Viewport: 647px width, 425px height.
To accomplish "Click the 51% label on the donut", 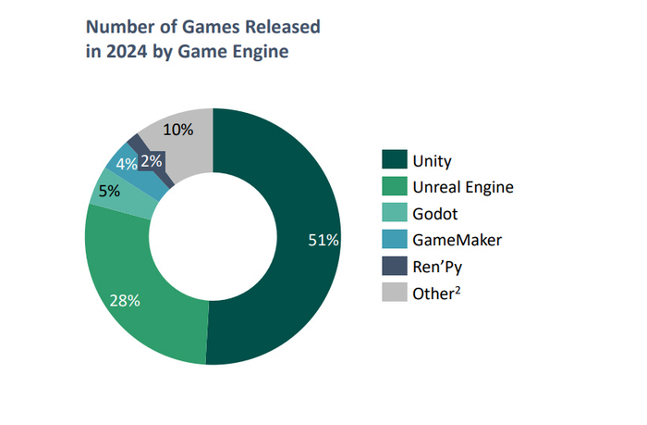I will pyautogui.click(x=323, y=240).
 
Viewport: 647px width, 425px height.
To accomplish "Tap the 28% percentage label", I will pyautogui.click(x=125, y=300).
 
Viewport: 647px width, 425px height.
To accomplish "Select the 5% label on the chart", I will pyautogui.click(x=109, y=192).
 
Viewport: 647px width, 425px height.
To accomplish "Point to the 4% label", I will pyautogui.click(x=127, y=164).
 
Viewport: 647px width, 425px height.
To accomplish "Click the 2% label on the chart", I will pyautogui.click(x=153, y=160).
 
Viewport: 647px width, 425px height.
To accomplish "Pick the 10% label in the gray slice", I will pyautogui.click(x=177, y=130).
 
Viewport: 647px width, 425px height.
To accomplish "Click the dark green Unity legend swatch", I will pyautogui.click(x=393, y=161).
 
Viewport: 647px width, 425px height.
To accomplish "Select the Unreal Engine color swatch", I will pyautogui.click(x=393, y=187).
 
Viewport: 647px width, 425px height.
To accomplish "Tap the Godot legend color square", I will pyautogui.click(x=393, y=214).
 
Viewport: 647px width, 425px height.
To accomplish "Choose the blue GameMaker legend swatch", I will pyautogui.click(x=393, y=240).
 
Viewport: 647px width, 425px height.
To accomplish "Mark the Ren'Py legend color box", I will pyautogui.click(x=393, y=267).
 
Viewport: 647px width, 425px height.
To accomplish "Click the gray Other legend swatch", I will pyautogui.click(x=393, y=293).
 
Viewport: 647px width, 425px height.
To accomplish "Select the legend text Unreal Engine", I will pyautogui.click(x=463, y=187).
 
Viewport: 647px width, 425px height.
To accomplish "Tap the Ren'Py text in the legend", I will pyautogui.click(x=436, y=267).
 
